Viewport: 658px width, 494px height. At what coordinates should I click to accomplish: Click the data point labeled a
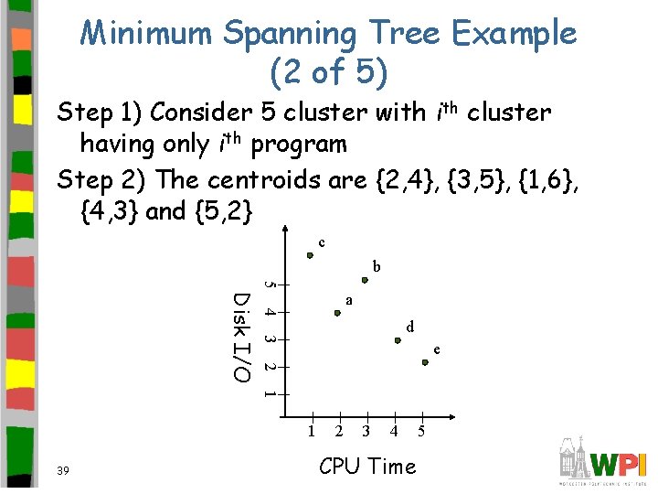coord(337,313)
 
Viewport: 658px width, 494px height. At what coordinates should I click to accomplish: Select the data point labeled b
coord(365,281)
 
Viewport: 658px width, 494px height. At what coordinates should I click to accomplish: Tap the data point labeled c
coord(310,256)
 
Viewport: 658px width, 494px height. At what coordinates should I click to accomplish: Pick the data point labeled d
coord(398,340)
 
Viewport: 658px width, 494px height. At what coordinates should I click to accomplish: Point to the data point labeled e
coord(425,363)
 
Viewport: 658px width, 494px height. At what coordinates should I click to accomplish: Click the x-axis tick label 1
coord(311,431)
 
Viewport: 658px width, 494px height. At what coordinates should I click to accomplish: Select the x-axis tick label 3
coord(366,431)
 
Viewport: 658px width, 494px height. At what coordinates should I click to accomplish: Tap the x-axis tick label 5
coord(420,431)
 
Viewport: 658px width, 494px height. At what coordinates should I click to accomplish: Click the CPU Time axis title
coord(367,467)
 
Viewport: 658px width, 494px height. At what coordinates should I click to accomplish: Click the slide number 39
coord(64,470)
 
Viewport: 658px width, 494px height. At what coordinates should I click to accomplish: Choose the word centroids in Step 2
coord(262,179)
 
